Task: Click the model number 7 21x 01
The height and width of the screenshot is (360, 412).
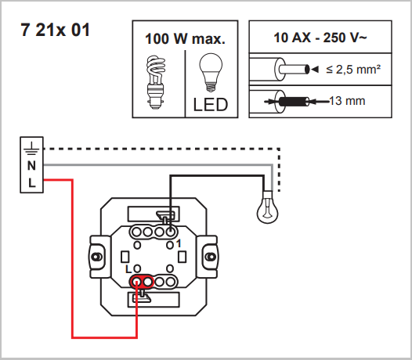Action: click(55, 30)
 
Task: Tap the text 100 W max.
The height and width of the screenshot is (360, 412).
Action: click(185, 38)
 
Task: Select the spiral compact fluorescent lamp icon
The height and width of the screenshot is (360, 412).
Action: click(156, 82)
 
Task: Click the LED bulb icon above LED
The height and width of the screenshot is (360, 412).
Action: click(211, 73)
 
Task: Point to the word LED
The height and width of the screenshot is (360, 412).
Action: click(211, 105)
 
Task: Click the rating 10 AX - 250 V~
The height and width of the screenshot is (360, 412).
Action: click(320, 38)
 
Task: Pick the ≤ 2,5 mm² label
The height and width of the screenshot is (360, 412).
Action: click(353, 70)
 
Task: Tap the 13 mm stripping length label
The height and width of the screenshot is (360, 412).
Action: click(347, 101)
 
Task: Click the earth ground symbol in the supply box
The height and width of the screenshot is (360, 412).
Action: click(31, 149)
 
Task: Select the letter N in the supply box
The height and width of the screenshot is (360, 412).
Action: click(31, 166)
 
